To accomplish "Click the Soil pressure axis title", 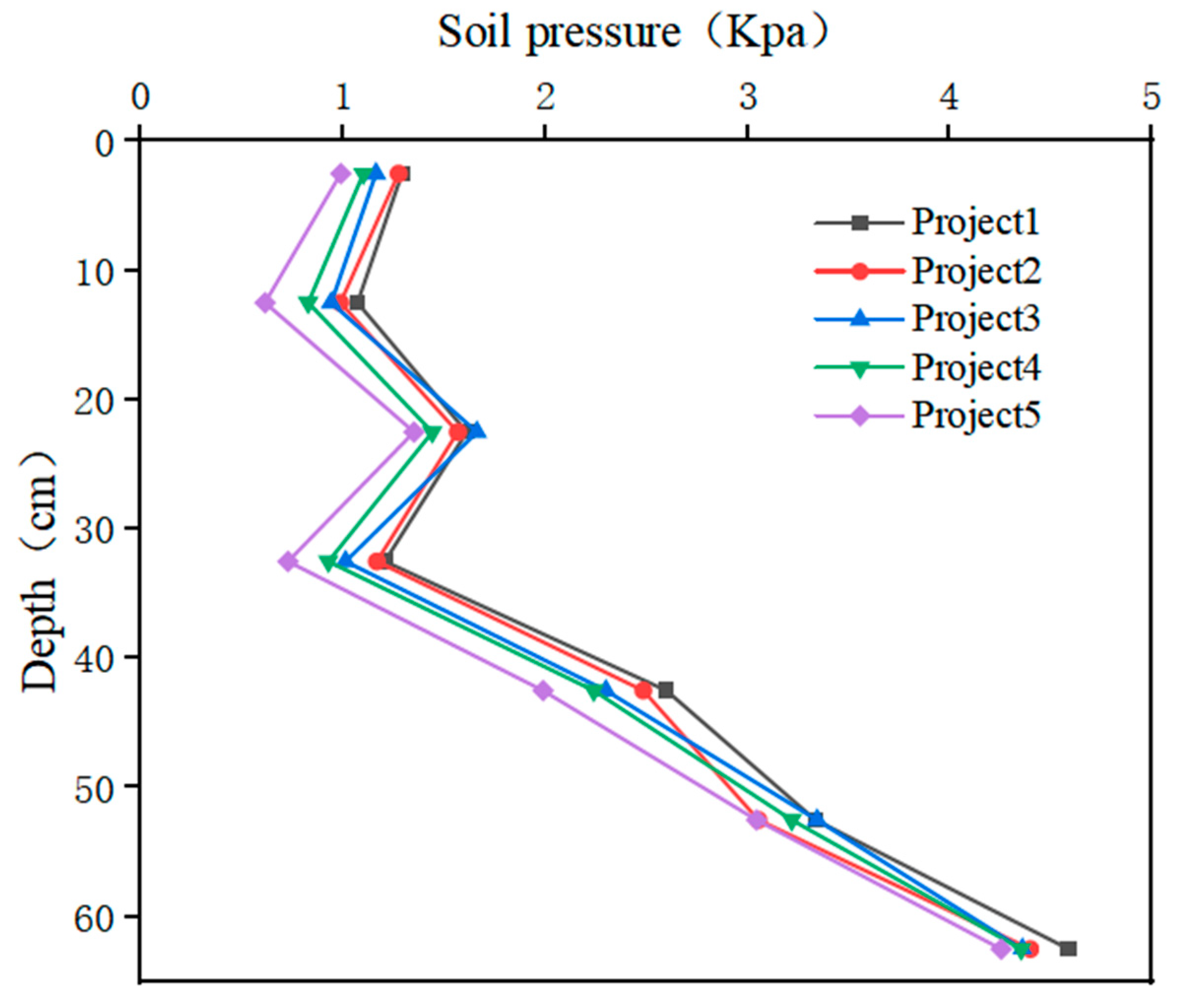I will click(632, 33).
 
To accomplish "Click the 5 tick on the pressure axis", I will click(1151, 98).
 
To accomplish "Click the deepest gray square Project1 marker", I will click(1068, 948).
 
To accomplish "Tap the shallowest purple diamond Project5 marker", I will click(341, 174).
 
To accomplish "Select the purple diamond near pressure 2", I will click(543, 691).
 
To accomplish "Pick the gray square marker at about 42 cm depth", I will click(665, 690).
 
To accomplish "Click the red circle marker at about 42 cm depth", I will click(643, 691).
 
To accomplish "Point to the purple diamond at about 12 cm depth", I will click(265, 302).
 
